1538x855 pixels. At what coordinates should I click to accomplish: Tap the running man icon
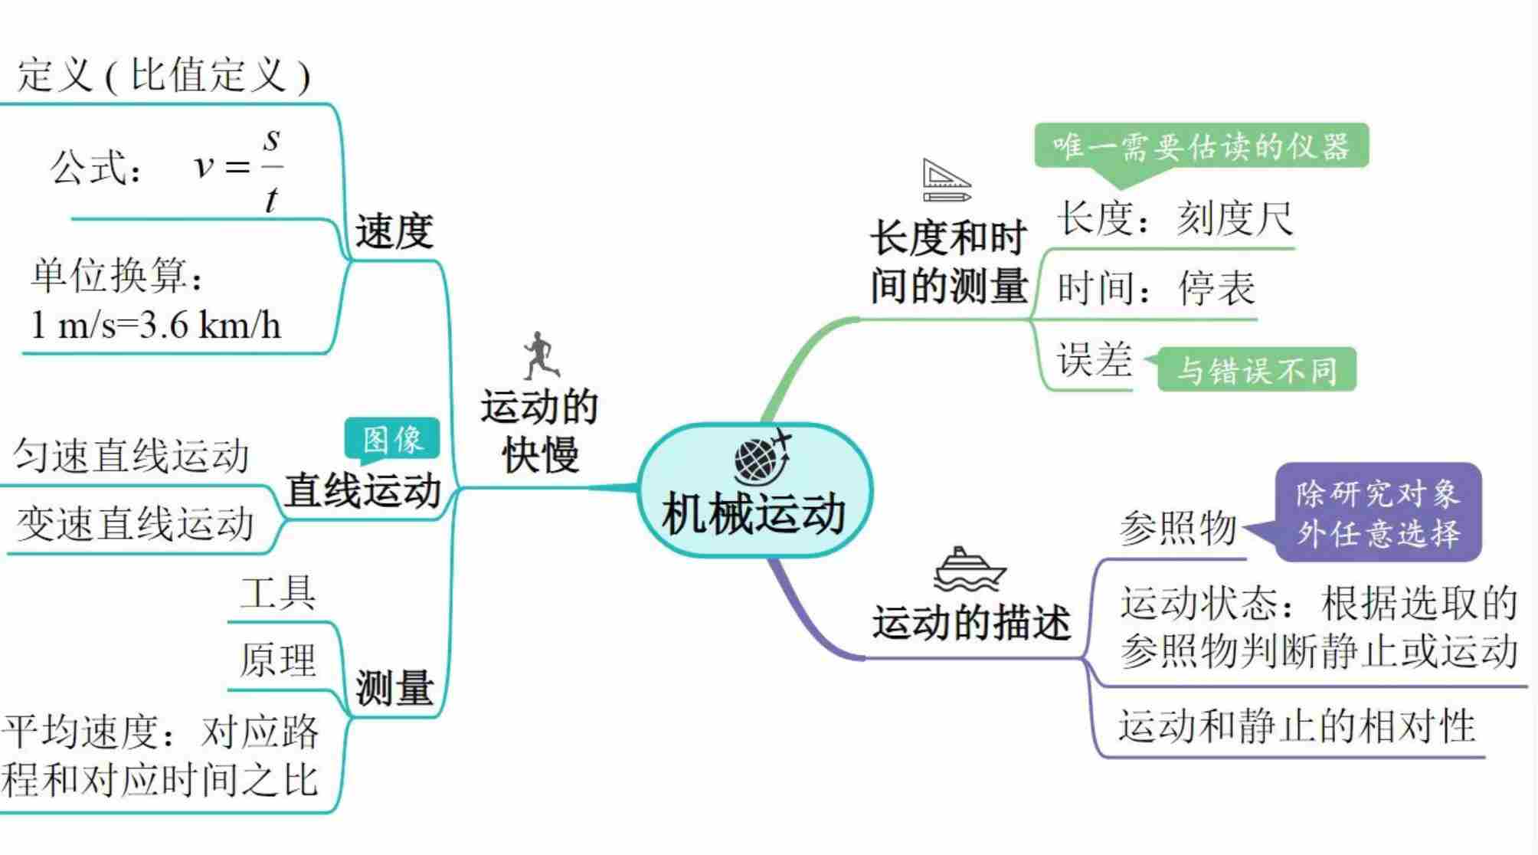[542, 355]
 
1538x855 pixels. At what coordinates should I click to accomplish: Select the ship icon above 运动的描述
[970, 569]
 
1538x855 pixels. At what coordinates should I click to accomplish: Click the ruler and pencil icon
[947, 181]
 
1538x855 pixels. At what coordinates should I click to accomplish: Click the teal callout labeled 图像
[392, 440]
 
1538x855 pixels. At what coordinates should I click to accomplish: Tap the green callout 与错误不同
[1256, 370]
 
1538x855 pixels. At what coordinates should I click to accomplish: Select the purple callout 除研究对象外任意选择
[1378, 513]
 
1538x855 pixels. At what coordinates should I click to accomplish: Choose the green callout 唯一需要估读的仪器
[1200, 146]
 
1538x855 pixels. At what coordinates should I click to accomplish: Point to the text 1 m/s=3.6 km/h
[155, 326]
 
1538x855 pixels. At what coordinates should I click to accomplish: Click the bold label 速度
[394, 231]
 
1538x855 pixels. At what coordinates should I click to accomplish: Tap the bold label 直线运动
[363, 490]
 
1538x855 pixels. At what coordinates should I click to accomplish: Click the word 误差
[1094, 359]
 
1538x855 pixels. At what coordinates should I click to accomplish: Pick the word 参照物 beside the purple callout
[1178, 528]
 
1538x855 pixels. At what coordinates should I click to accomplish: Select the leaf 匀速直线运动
[132, 457]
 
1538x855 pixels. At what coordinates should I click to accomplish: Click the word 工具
[277, 592]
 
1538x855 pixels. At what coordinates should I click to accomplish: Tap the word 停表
[1216, 288]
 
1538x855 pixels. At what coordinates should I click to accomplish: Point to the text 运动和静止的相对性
[1296, 726]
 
